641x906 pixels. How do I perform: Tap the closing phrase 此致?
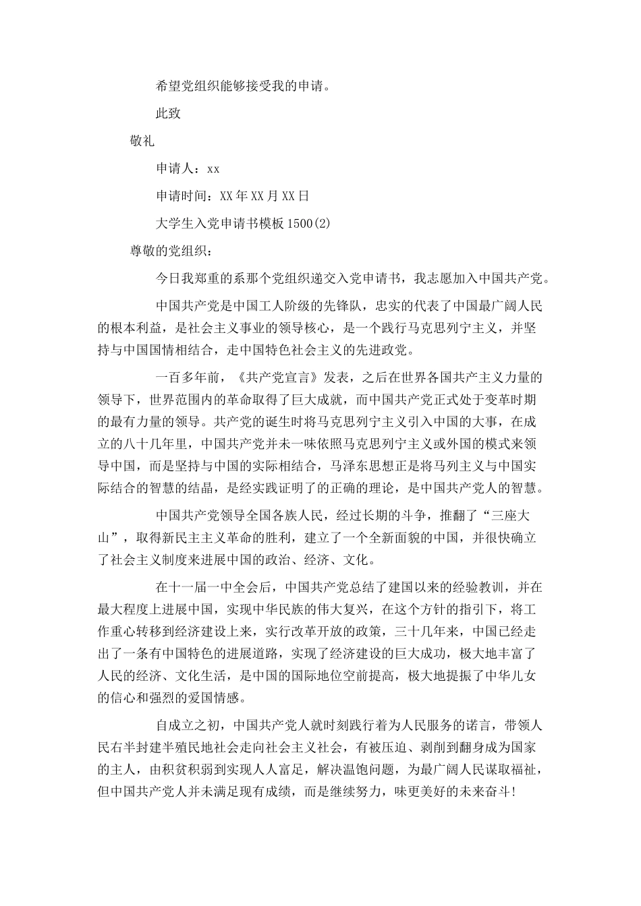(168, 113)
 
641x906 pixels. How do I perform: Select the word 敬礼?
(142, 141)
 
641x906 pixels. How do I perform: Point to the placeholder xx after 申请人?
(213, 169)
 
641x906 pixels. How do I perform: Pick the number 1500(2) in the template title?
(308, 224)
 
